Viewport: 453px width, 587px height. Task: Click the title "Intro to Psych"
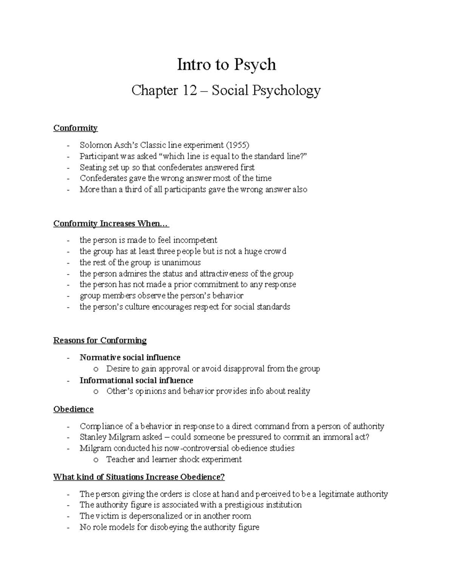[x=226, y=65]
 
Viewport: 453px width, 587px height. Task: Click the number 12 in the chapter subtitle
[x=188, y=91]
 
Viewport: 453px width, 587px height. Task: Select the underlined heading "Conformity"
[x=75, y=128]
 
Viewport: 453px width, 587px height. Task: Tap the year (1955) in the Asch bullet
[x=237, y=145]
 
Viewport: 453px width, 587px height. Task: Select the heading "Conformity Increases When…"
[x=111, y=224]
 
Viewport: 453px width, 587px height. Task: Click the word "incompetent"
[x=195, y=240]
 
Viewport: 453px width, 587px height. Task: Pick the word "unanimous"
[x=183, y=263]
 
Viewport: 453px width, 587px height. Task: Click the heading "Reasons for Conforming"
[x=100, y=341]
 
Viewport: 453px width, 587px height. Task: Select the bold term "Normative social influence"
[x=130, y=358]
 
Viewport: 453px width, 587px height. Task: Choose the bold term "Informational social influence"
[x=136, y=380]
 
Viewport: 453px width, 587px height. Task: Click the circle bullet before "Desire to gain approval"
[x=96, y=369]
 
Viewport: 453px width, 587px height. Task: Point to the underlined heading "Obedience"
[x=73, y=409]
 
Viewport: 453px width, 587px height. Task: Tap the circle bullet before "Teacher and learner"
[x=96, y=460]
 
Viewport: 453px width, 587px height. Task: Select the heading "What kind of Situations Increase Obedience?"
[x=139, y=477]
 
